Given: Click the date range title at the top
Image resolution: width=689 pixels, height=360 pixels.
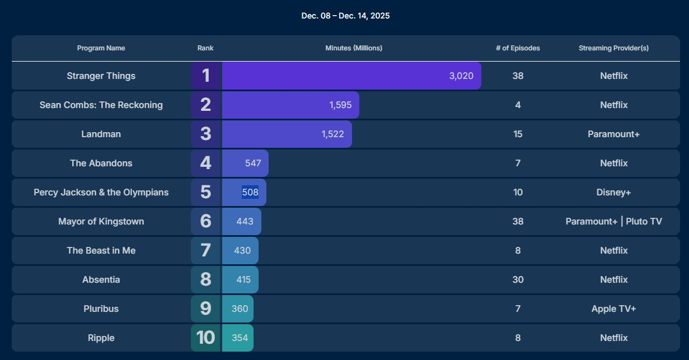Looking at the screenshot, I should click(345, 16).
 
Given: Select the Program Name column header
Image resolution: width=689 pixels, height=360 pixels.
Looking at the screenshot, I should click(101, 48).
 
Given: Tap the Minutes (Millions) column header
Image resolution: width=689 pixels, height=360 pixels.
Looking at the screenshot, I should click(354, 48).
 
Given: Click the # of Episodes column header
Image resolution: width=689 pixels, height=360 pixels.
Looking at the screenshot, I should click(518, 48).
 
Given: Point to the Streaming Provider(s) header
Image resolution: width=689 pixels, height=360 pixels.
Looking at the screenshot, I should click(613, 48).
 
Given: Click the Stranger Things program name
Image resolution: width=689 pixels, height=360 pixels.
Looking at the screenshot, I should click(101, 76).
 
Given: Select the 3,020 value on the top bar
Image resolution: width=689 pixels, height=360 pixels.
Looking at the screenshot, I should click(461, 76).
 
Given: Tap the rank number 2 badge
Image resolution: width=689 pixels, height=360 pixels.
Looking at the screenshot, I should click(206, 105).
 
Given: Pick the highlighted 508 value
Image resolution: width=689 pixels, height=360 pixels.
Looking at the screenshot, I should click(250, 193).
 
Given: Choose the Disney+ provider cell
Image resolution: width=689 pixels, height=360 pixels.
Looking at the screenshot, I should click(613, 193).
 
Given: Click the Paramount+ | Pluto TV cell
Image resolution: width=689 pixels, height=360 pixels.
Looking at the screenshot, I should click(613, 222).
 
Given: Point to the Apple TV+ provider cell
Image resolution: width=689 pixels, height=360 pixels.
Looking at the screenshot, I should click(613, 309).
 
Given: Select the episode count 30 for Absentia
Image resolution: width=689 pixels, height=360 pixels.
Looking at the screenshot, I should click(518, 280).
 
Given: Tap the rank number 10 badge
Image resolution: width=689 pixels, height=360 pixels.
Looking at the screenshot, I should click(206, 338).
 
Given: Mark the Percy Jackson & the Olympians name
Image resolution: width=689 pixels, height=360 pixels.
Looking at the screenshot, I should click(101, 193).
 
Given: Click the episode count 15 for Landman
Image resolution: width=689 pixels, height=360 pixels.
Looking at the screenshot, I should click(518, 134).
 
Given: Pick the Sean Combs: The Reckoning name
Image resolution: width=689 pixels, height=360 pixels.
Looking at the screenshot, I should click(101, 105).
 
